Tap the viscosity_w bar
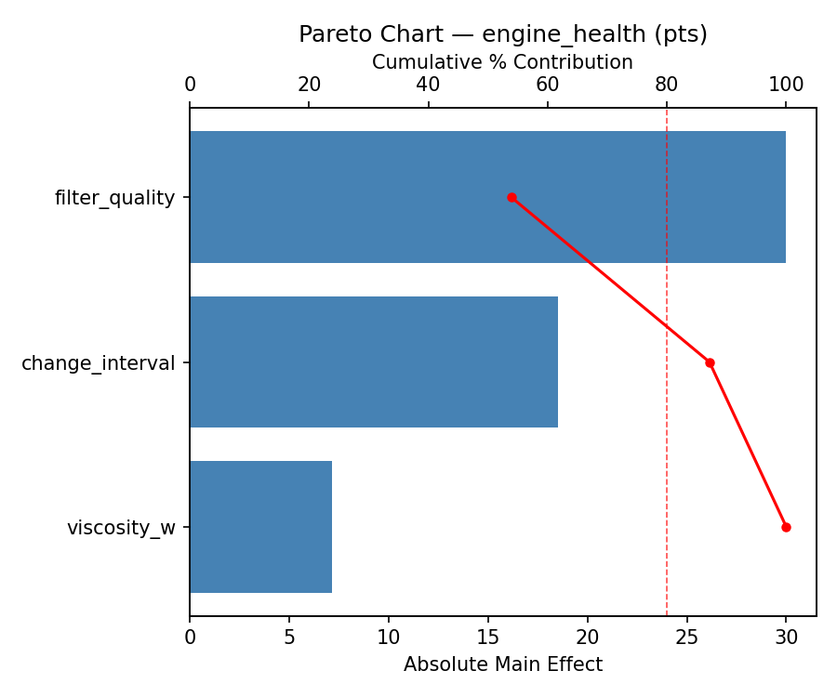260,527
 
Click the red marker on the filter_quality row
511,197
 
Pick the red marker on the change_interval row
710,362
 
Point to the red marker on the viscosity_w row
786,527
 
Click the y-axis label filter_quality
114,197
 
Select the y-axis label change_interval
98,362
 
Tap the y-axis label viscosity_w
121,528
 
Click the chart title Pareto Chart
502,34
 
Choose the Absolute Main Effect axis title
502,664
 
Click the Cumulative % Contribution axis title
502,62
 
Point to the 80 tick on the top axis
667,85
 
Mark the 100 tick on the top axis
786,85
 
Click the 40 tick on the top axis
428,85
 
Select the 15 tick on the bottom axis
488,638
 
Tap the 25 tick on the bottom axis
687,638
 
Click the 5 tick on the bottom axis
289,638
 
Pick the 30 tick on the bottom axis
786,638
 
